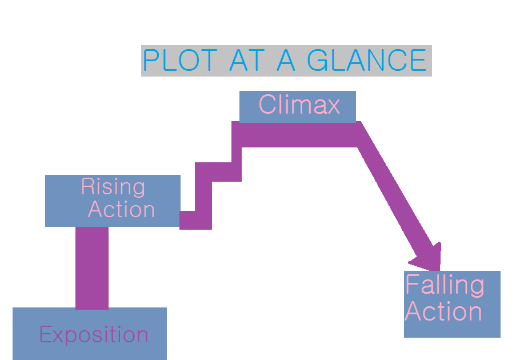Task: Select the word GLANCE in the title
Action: click(x=366, y=61)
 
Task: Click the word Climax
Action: click(x=299, y=105)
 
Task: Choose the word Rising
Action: click(x=113, y=187)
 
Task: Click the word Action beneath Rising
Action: click(x=121, y=210)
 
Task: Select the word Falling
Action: click(x=445, y=285)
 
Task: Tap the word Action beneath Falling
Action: click(x=443, y=312)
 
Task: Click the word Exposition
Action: click(x=94, y=335)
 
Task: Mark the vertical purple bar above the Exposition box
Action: click(x=92, y=267)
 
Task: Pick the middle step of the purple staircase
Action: click(x=217, y=172)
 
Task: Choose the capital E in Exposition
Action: click(x=45, y=335)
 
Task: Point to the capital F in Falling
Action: click(x=411, y=285)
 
